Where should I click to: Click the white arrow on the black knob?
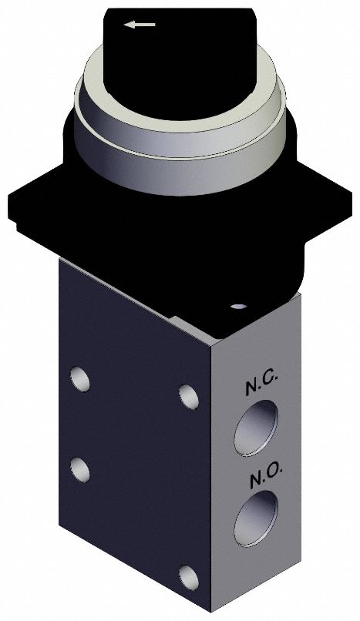pyautogui.click(x=141, y=25)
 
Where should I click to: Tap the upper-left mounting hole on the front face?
pyautogui.click(x=79, y=378)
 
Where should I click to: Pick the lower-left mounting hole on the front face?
pyautogui.click(x=78, y=466)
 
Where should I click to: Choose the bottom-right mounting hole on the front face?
pyautogui.click(x=186, y=574)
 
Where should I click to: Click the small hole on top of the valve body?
pyautogui.click(x=238, y=307)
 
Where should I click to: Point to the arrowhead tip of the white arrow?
pyautogui.click(x=128, y=25)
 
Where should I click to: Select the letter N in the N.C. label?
pyautogui.click(x=253, y=388)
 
